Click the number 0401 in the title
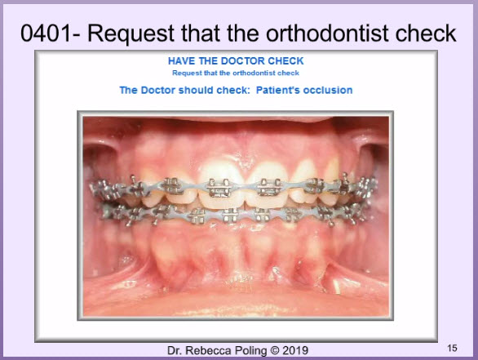pyautogui.click(x=46, y=33)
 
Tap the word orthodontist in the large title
pyautogui.click(x=329, y=33)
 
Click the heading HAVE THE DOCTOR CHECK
pyautogui.click(x=236, y=61)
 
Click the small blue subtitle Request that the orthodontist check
pyautogui.click(x=236, y=73)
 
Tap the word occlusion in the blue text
pyautogui.click(x=328, y=90)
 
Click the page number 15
pyautogui.click(x=452, y=348)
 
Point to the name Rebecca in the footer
pyautogui.click(x=208, y=350)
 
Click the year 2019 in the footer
pyautogui.click(x=295, y=350)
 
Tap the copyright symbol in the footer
pyautogui.click(x=275, y=351)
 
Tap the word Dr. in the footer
pyautogui.click(x=175, y=350)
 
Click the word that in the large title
pyautogui.click(x=201, y=33)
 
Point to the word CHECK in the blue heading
pyautogui.click(x=285, y=61)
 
